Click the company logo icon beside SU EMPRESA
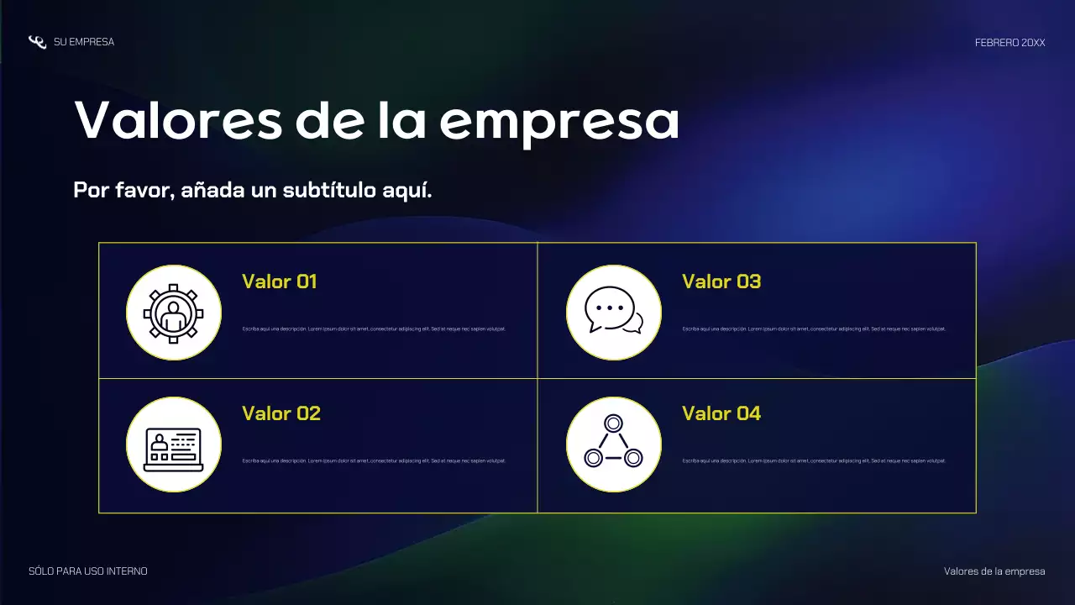click(37, 42)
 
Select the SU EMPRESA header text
click(84, 42)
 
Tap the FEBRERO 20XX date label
click(1009, 42)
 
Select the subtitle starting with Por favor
click(252, 190)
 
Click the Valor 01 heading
click(279, 281)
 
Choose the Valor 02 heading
click(281, 413)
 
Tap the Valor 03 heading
click(721, 281)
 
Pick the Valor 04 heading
click(721, 413)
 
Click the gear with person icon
click(174, 313)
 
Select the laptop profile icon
click(174, 445)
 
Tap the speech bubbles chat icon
click(614, 312)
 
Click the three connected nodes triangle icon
click(614, 444)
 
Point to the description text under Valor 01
click(374, 329)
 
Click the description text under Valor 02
click(374, 460)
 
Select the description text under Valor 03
click(814, 329)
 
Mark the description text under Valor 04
click(814, 460)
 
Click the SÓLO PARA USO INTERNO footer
click(88, 571)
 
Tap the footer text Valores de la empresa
click(994, 571)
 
